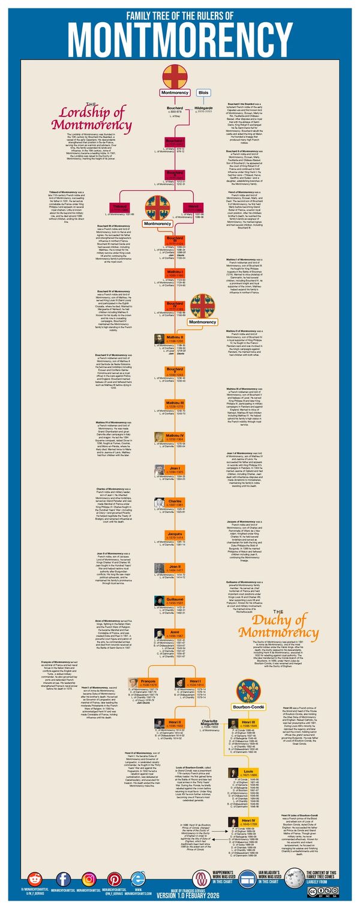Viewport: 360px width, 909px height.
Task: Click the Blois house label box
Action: pos(203,93)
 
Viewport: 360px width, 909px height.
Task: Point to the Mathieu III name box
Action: pos(174,404)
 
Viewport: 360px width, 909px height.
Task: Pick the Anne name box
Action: pos(174,632)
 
